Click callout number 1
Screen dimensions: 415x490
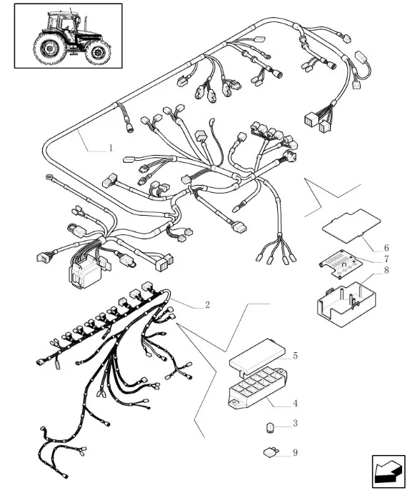(110, 148)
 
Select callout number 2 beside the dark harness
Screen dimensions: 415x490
(207, 305)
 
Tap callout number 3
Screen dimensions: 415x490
(295, 424)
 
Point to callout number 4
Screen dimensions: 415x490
(295, 404)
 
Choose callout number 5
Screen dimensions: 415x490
(295, 356)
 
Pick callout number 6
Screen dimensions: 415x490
(386, 248)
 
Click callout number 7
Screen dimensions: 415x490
(386, 259)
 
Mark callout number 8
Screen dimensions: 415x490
(386, 270)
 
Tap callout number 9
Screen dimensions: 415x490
(295, 453)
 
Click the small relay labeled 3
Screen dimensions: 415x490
(269, 427)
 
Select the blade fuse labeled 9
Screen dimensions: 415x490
(270, 453)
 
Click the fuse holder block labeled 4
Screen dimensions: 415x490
(258, 388)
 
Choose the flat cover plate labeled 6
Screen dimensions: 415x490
(351, 226)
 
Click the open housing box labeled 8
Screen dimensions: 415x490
(346, 304)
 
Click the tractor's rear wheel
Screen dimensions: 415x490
(50, 48)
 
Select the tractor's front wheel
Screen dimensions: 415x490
(98, 52)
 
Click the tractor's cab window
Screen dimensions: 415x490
(66, 24)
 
